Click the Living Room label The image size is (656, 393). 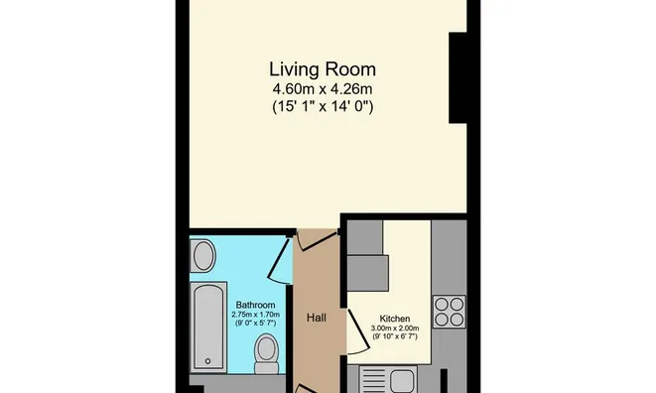[x=323, y=69]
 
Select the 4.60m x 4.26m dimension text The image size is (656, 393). [x=323, y=89]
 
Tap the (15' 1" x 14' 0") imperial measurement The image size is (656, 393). [x=323, y=106]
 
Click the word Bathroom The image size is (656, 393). [x=256, y=305]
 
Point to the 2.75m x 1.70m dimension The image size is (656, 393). [x=256, y=315]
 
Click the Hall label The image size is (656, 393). [x=317, y=318]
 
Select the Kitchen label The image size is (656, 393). [x=395, y=319]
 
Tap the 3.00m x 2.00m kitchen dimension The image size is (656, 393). [x=395, y=328]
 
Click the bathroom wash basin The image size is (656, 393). [x=202, y=255]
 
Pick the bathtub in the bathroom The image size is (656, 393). [x=208, y=327]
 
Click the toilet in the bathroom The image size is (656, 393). [x=267, y=353]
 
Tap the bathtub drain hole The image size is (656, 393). [x=208, y=361]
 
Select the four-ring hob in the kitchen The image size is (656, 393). [x=450, y=312]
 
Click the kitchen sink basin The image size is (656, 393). [x=402, y=381]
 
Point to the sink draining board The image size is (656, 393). [x=374, y=381]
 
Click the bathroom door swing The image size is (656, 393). [x=278, y=259]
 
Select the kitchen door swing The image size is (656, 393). [x=358, y=330]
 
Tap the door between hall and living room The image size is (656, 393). [x=316, y=240]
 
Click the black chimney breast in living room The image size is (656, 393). [x=458, y=78]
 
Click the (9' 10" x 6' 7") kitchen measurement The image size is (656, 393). [x=395, y=336]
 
